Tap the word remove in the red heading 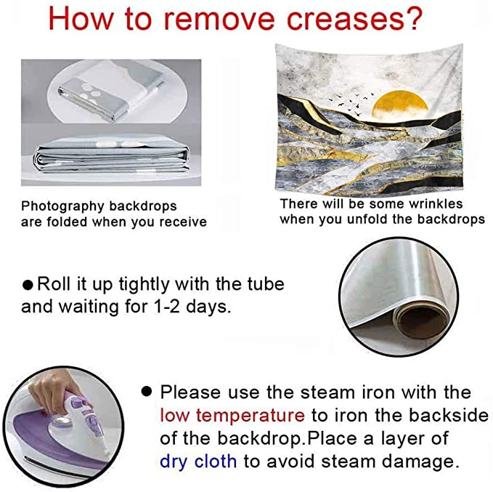pos(219,19)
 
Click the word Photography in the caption pos(62,206)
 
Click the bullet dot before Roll pos(28,285)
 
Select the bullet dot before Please pos(147,392)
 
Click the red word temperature pos(250,416)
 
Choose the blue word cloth pos(216,461)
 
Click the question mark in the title pos(412,19)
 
